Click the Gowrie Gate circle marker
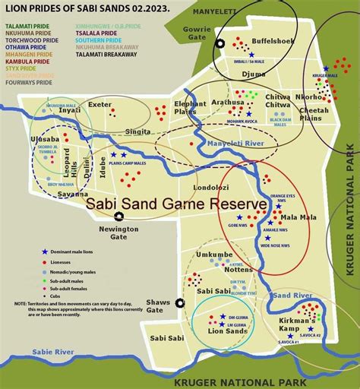tap(221, 45)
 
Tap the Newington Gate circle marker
tap(116, 217)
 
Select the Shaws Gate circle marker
tap(180, 302)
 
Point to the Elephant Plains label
tap(190, 107)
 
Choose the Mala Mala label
tap(298, 217)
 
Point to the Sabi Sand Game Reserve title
tap(176, 204)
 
